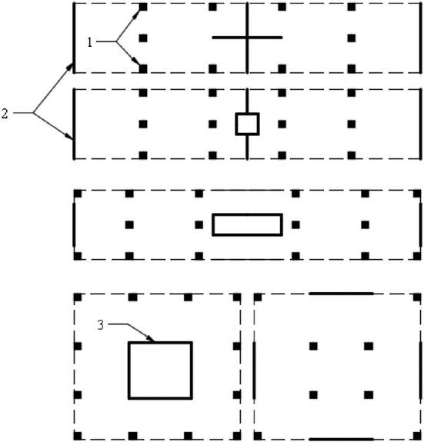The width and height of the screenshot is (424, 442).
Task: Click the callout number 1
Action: point(90,42)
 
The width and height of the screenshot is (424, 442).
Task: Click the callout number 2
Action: point(5,113)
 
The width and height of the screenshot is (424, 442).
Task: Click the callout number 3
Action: point(101,325)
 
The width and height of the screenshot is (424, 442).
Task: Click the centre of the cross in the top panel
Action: point(248,37)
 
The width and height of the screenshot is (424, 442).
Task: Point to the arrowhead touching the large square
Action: point(150,338)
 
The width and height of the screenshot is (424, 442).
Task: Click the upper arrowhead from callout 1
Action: point(137,13)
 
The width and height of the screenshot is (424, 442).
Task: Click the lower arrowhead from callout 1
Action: point(136,61)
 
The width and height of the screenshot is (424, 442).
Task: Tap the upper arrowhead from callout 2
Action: point(70,67)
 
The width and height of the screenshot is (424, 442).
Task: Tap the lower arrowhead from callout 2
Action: point(68,136)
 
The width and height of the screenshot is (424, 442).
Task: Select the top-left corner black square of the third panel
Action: point(78,194)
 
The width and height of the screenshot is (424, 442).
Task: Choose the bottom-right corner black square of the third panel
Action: point(417,256)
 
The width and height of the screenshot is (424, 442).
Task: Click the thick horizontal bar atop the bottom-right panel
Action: point(341,294)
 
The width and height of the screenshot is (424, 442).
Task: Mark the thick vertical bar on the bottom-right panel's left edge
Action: point(254,371)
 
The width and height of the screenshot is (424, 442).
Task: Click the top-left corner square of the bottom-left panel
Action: point(78,297)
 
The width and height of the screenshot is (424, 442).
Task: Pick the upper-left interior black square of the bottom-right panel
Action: point(313,346)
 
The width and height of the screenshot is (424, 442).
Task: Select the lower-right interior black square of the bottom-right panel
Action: point(369,395)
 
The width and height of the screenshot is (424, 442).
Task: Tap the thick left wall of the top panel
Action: point(74,38)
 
